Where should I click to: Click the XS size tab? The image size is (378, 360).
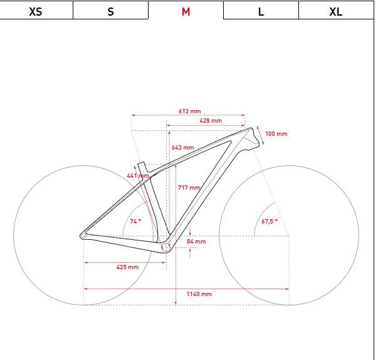coord(36,11)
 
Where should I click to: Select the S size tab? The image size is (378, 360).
coord(111,11)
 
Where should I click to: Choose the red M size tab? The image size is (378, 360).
coord(186,11)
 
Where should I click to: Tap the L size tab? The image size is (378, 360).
coord(261,11)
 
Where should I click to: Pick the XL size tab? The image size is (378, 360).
coord(336,11)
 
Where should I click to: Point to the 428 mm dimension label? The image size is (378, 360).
coord(211,121)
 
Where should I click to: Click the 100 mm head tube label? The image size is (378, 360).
coord(276,134)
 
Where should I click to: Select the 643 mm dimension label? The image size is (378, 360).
coord(182,148)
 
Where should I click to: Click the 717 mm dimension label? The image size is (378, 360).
coord(189,188)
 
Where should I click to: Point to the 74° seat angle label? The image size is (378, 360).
coord(135,222)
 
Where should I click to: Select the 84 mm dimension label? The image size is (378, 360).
coord(196,242)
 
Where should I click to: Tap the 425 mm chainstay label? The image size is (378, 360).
coord(127,267)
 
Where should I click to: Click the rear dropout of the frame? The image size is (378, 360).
coord(83,236)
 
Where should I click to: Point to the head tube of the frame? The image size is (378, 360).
coord(252,138)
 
